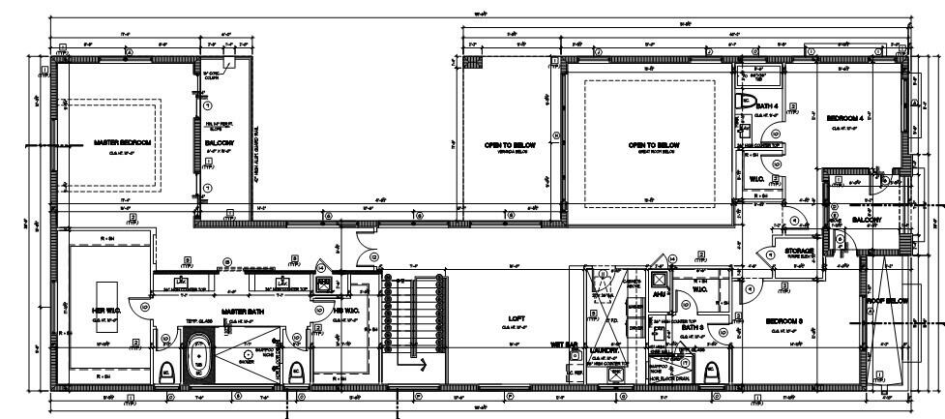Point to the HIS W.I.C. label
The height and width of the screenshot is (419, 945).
345,311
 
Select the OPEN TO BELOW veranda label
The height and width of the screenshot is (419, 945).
505,145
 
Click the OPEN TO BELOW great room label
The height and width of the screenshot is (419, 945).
653,145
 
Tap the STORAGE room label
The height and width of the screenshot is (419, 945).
799,251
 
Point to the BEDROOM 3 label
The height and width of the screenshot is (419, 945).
785,320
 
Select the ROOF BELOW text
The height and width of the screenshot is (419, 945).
888,301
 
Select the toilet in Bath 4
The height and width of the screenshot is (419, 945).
747,102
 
